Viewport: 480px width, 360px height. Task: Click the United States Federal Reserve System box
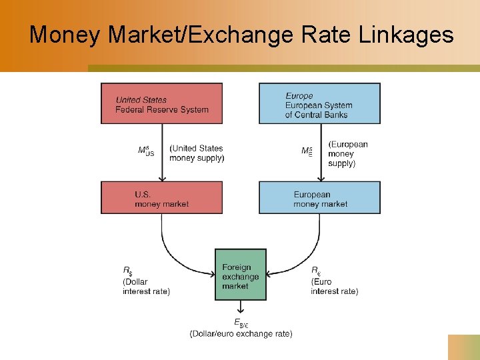click(161, 103)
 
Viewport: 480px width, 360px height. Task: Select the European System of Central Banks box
click(319, 103)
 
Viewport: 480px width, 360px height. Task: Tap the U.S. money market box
click(161, 197)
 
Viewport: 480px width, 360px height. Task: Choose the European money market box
click(319, 197)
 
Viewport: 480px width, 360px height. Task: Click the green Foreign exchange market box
click(240, 275)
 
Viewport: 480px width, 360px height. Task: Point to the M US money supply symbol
click(146, 151)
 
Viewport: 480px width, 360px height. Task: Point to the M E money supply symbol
click(307, 151)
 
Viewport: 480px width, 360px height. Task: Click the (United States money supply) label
click(197, 153)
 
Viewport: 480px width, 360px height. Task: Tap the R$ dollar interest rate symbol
click(127, 270)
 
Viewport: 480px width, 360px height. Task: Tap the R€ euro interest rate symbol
click(315, 270)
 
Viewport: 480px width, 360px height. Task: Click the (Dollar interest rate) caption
click(146, 287)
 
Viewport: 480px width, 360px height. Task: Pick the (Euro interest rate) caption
click(334, 287)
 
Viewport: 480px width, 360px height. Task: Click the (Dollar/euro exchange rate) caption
click(241, 333)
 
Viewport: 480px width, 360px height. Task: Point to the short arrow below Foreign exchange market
click(240, 307)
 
